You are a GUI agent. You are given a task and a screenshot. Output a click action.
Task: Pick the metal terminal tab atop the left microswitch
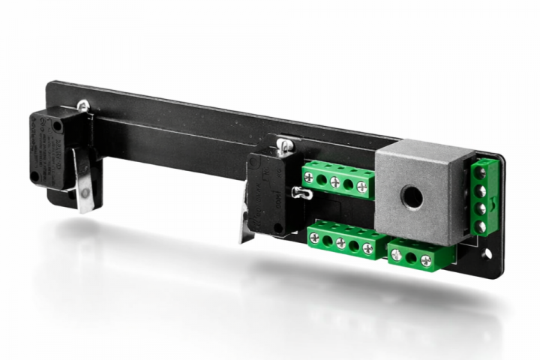82,107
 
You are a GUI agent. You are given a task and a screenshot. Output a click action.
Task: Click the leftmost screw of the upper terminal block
309,178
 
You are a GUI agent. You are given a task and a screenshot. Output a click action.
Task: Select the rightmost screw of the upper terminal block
362,187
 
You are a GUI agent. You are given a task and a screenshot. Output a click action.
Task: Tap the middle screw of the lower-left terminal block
340,243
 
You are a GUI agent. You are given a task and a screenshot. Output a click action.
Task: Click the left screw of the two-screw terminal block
397,254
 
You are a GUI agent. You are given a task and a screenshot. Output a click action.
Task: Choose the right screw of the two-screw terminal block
426,260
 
